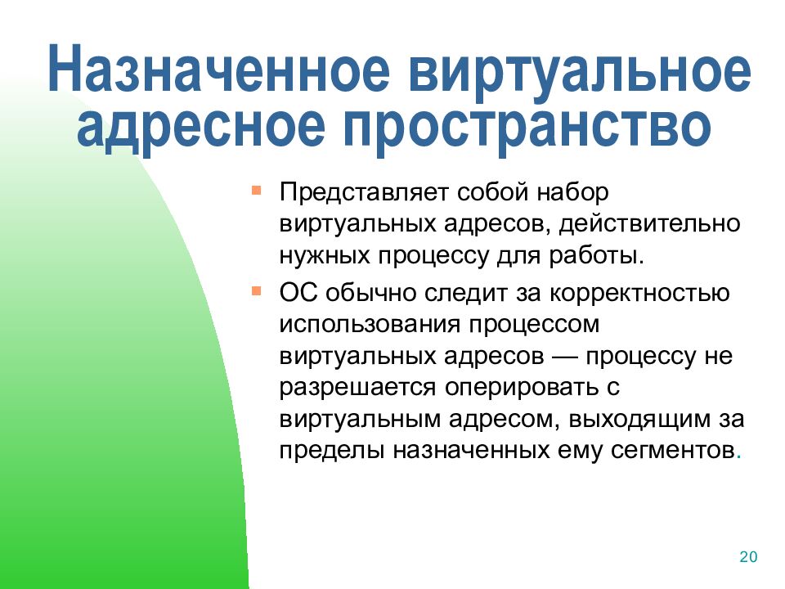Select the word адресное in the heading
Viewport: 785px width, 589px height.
coord(201,126)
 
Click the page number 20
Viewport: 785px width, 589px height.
coord(748,557)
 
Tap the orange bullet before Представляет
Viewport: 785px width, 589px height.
coord(256,191)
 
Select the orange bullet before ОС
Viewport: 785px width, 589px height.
coord(256,290)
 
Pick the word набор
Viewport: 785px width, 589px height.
coord(572,191)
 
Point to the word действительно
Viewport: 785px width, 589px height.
coord(649,223)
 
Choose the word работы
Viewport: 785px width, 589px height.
coord(596,255)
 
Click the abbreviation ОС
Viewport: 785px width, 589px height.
coord(298,293)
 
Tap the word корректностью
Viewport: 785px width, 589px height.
coord(639,294)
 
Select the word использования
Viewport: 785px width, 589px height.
coord(370,325)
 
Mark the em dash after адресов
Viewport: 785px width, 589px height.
coord(565,357)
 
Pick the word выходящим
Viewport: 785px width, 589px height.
coord(639,420)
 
